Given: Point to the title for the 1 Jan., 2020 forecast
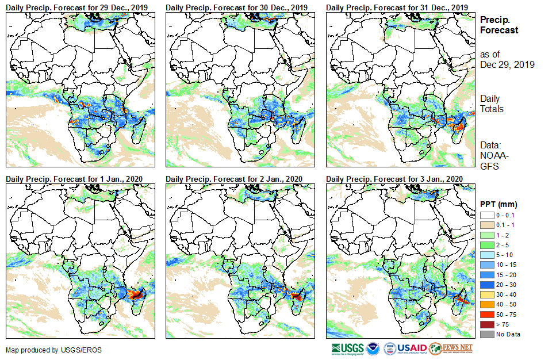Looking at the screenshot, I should tap(74, 179).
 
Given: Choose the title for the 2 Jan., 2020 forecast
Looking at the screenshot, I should tap(234, 179).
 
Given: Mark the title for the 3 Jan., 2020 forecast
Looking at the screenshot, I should tap(394, 179).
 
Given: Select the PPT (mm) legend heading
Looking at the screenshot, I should tap(499, 205).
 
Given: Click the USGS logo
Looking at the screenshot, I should tap(347, 348).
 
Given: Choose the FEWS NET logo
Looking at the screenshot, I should tap(451, 348).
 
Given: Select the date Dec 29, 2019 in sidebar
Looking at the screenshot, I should tap(507, 64).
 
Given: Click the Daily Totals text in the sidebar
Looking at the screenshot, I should tap(492, 104).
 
